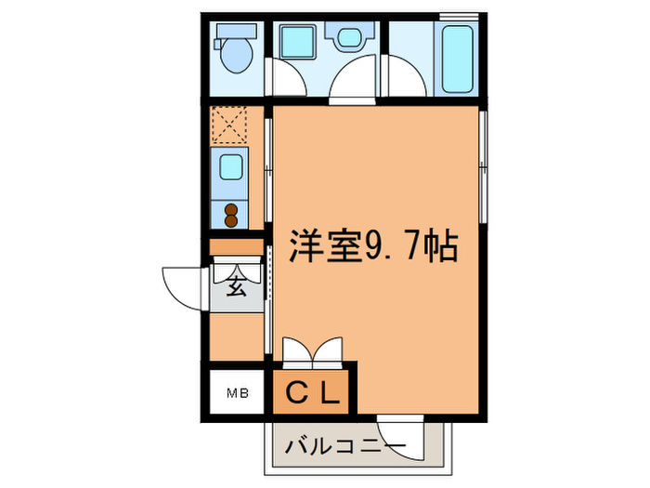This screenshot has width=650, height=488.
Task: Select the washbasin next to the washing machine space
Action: (350, 39)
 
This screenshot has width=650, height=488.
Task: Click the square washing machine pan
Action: (298, 43)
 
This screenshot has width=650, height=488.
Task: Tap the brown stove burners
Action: (230, 215)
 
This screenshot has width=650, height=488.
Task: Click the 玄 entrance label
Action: (236, 285)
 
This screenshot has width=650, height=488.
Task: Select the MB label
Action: (237, 393)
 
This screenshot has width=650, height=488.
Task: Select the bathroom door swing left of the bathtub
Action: (406, 78)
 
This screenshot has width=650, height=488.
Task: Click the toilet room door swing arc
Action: (284, 78)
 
